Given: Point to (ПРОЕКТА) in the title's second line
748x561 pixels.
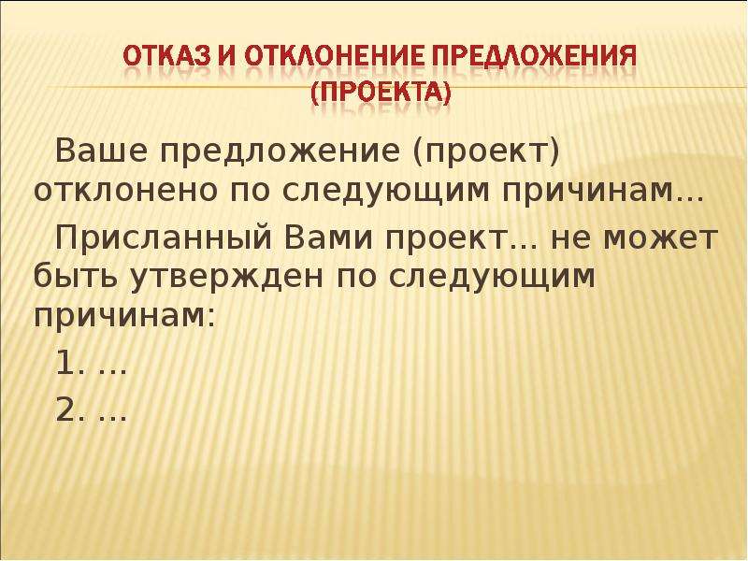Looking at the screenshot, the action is click(x=381, y=93).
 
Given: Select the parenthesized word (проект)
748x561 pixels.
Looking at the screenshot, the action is click(x=485, y=152).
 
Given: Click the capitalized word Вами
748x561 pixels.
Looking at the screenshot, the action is click(x=329, y=237).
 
